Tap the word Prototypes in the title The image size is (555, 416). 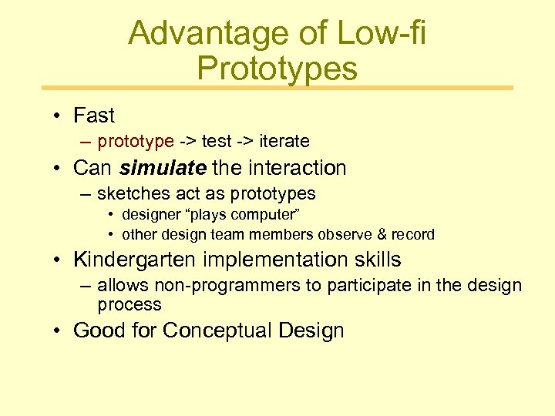coord(277,69)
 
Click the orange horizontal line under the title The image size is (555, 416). coord(277,88)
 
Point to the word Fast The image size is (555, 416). coord(93,116)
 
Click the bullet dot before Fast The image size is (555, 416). coord(58,116)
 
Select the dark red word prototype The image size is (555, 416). coord(136,141)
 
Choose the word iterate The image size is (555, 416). coord(284,141)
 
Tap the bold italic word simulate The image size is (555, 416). coord(163,167)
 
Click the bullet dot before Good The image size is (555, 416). coord(58,331)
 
